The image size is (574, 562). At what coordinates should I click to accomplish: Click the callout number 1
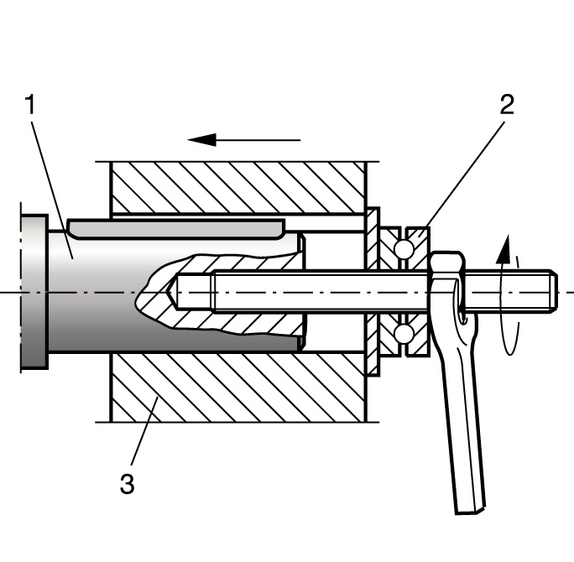click(32, 107)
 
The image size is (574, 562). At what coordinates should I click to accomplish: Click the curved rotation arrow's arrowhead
click(503, 247)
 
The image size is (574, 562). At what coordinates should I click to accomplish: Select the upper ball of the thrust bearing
click(404, 249)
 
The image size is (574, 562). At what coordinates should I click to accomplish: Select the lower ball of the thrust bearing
click(404, 334)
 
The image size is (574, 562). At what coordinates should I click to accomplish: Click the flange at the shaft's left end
click(34, 291)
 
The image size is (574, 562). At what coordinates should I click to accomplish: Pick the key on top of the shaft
click(176, 226)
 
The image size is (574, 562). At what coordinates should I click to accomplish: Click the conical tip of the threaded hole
click(173, 292)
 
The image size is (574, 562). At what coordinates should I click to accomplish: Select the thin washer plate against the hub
click(373, 291)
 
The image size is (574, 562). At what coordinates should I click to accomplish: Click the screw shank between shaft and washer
click(336, 291)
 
